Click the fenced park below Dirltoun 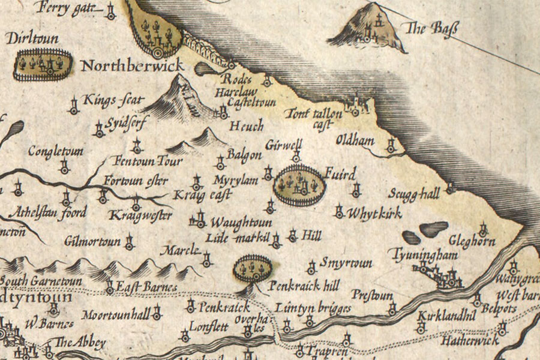[44, 64]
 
